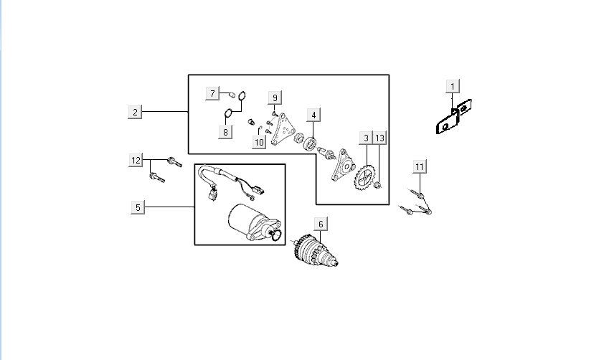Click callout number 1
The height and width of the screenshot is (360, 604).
[x=452, y=87]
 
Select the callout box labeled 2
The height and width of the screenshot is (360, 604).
[x=136, y=112]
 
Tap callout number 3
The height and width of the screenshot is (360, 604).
[x=366, y=138]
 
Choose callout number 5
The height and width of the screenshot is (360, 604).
[x=138, y=207]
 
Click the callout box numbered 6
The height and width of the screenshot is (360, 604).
[x=321, y=224]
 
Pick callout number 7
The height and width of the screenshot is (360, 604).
[x=212, y=93]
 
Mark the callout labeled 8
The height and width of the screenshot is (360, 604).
[x=225, y=132]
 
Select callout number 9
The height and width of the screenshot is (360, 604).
[x=275, y=97]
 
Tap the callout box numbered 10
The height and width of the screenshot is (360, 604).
[x=259, y=143]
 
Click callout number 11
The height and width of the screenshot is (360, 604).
[x=420, y=166]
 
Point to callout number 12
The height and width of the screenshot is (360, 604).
[x=136, y=160]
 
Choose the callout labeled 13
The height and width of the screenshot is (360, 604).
[x=379, y=138]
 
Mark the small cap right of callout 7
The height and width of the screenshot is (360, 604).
[x=232, y=93]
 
